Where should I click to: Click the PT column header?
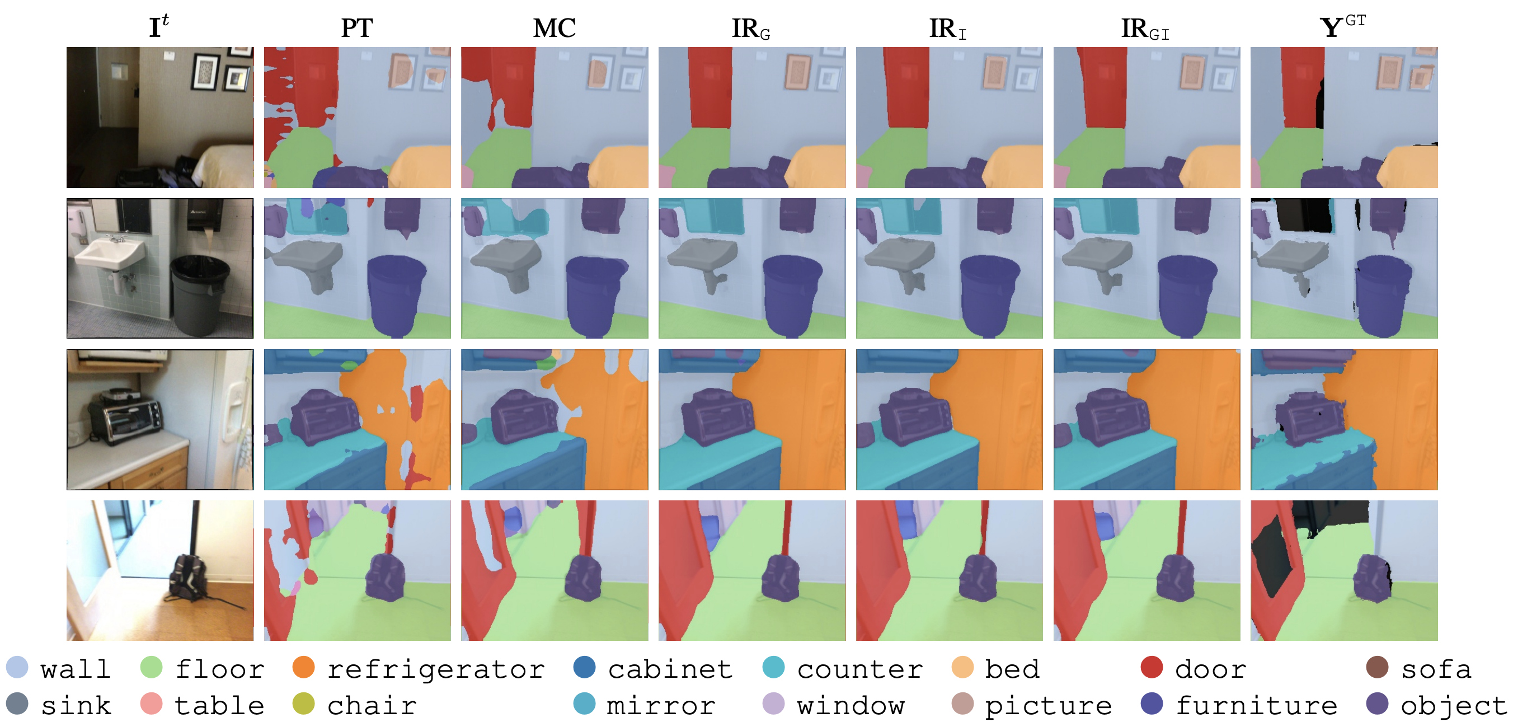coord(356,27)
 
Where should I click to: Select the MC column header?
coord(554,27)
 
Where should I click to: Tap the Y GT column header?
coord(1342,26)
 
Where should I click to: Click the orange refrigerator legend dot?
coord(303,667)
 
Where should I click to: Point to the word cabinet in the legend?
coord(670,669)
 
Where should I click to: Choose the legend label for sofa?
coord(1436,669)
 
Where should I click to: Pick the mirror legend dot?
coord(584,704)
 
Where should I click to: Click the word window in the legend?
coord(851,705)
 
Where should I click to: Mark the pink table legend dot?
coord(151,704)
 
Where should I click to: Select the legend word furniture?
coord(1256,705)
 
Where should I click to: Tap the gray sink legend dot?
coord(16,704)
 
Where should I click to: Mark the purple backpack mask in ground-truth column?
coord(1371,579)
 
